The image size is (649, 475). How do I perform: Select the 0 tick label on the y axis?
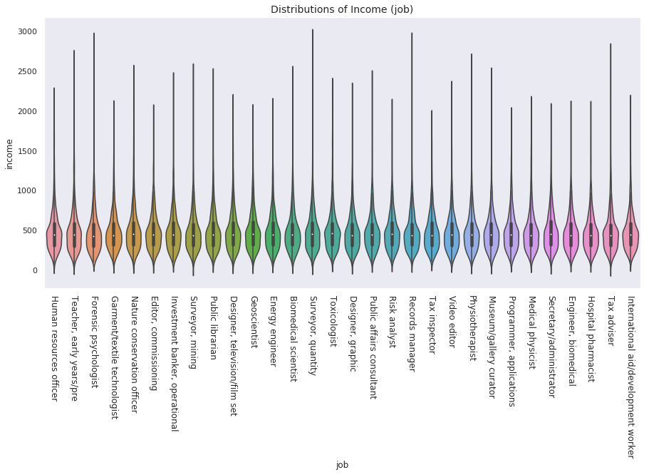tap(35, 270)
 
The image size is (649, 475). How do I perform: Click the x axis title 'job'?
tap(342, 464)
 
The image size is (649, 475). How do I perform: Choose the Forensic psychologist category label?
tap(94, 342)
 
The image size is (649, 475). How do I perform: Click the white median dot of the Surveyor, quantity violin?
tap(313, 234)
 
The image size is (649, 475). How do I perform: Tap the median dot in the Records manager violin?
tap(412, 235)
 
